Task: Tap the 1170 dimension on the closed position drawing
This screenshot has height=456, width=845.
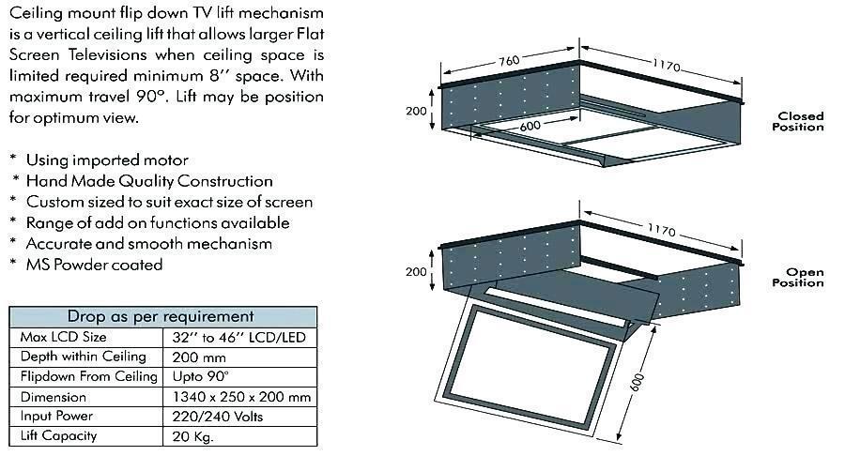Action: click(665, 65)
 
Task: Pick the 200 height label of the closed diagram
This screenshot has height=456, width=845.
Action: click(417, 111)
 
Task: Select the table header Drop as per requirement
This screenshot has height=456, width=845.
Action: click(161, 316)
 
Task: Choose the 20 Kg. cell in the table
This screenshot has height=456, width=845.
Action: click(194, 436)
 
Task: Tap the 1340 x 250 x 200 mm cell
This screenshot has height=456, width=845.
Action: click(242, 397)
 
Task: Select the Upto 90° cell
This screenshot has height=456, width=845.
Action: click(202, 377)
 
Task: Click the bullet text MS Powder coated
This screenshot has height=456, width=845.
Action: click(94, 265)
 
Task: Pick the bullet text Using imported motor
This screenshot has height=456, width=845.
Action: click(106, 160)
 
